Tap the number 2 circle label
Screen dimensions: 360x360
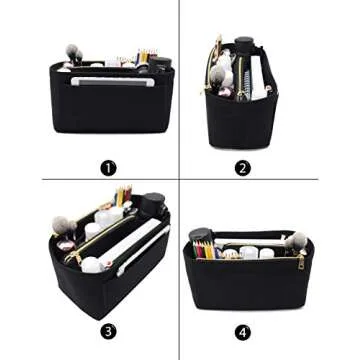coord(243,168)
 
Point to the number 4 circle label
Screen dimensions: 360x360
coord(243,331)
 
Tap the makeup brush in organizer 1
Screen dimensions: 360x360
coord(73,53)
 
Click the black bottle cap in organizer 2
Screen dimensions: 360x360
coord(244,44)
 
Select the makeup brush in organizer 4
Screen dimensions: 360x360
coord(294,240)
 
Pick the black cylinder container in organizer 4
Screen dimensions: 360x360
coord(200,238)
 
